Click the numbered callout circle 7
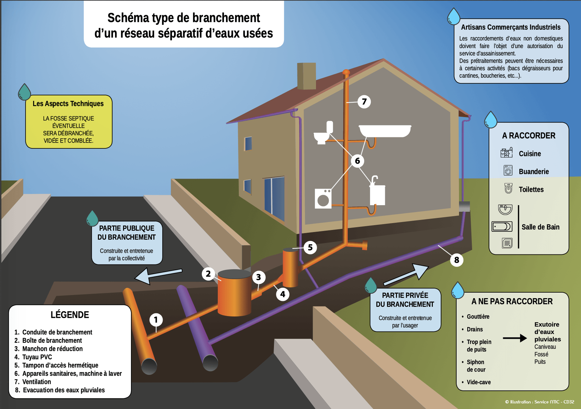[364, 102]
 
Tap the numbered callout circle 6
[357, 161]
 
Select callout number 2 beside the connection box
[208, 274]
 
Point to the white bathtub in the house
[385, 131]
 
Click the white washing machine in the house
[323, 198]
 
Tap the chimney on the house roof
[306, 76]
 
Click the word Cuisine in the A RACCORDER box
[530, 154]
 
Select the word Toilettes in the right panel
[531, 189]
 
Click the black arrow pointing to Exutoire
[515, 338]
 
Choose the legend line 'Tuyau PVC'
[37, 357]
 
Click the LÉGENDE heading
[70, 315]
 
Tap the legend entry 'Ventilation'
[37, 382]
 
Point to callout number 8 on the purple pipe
[457, 260]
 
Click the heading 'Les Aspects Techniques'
[68, 104]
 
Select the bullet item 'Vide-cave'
[479, 382]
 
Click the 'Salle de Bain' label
[540, 227]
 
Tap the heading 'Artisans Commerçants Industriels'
[511, 27]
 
